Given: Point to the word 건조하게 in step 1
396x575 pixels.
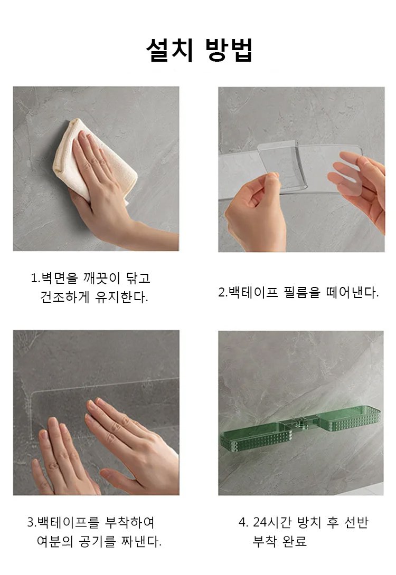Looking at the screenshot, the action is point(65,296).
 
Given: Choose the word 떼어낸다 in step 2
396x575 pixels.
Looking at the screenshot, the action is point(351,292).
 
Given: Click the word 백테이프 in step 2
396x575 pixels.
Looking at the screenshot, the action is point(253,292).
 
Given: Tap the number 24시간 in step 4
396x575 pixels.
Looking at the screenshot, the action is point(272,522).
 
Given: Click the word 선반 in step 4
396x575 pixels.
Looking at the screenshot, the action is point(356,522).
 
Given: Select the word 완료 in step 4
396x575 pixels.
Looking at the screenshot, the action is point(295,541).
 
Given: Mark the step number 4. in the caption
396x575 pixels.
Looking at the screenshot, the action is point(243,522).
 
